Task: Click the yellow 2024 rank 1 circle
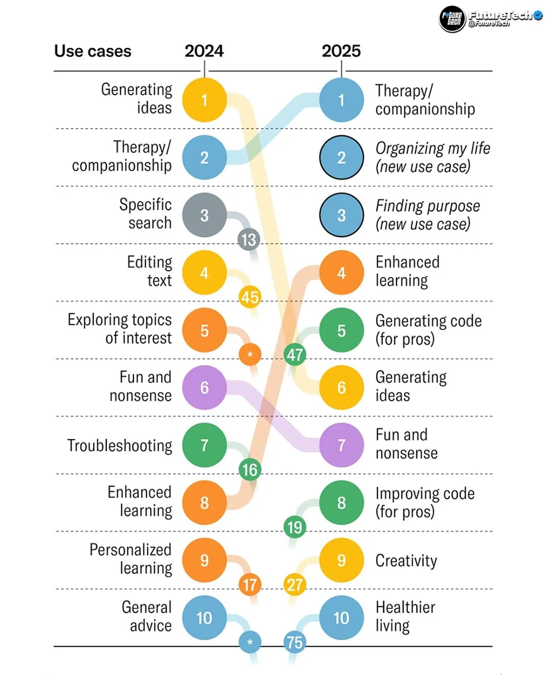tap(204, 100)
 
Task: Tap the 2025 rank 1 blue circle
tap(341, 100)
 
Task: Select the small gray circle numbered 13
tap(249, 240)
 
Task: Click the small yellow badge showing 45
tap(250, 297)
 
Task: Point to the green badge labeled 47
tap(295, 355)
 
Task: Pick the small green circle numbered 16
tap(250, 470)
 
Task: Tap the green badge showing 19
tap(295, 527)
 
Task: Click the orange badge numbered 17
tap(250, 585)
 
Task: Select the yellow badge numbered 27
tap(295, 585)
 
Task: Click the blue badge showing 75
tap(295, 642)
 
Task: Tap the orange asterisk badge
tap(250, 355)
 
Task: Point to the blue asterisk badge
tap(250, 642)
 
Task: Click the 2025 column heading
tap(341, 51)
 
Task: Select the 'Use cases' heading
tap(93, 51)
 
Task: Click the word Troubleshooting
tap(120, 445)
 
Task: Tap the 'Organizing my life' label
tap(433, 148)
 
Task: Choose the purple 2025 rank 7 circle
tap(341, 445)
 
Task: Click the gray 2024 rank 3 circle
tap(204, 215)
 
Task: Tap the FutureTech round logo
tap(452, 19)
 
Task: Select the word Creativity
tap(406, 561)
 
